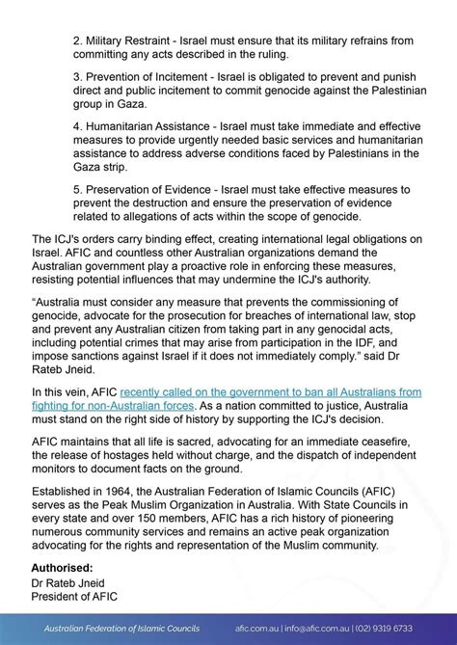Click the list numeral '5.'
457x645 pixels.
[x=77, y=190]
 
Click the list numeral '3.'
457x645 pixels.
[x=77, y=84]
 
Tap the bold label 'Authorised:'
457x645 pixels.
[x=63, y=568]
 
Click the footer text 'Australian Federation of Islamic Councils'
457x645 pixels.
[x=126, y=628]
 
